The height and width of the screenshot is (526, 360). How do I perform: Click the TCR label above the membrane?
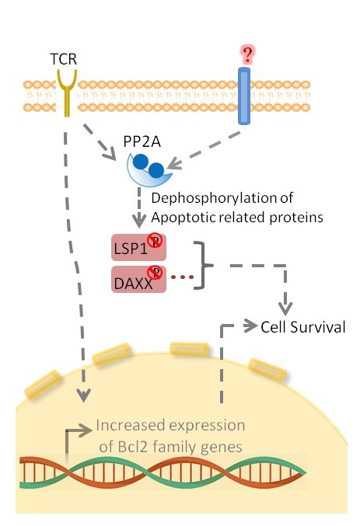[x=64, y=59]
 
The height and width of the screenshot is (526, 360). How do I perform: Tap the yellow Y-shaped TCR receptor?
[x=67, y=92]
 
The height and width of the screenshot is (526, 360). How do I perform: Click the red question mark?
[x=247, y=55]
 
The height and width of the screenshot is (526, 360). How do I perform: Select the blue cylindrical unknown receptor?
[x=244, y=96]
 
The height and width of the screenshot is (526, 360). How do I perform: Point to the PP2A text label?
[x=142, y=141]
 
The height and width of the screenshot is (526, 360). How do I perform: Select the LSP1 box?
[x=138, y=248]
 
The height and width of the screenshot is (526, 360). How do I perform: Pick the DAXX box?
[x=138, y=280]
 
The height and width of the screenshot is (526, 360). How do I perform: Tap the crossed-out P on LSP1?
[x=156, y=241]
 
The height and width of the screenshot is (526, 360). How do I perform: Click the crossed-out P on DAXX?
[x=156, y=272]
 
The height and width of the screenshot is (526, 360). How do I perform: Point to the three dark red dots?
[x=183, y=277]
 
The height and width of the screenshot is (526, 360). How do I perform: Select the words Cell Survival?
[x=303, y=327]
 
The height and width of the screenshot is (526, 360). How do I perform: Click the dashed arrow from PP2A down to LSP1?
[x=139, y=207]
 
